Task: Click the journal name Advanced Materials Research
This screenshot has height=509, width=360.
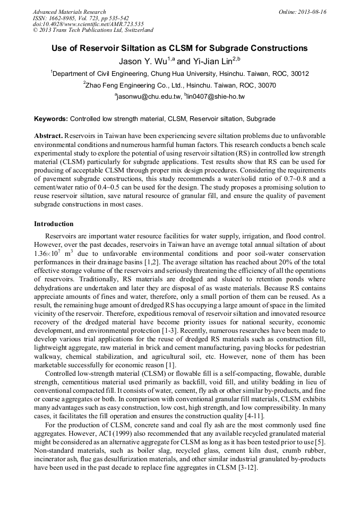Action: [x=69, y=12]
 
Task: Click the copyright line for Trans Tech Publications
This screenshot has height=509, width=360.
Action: [x=93, y=30]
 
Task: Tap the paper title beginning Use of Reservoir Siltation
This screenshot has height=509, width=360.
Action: [x=179, y=48]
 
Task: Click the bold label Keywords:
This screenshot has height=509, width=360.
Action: [x=51, y=119]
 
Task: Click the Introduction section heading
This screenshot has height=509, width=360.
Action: [x=54, y=224]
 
